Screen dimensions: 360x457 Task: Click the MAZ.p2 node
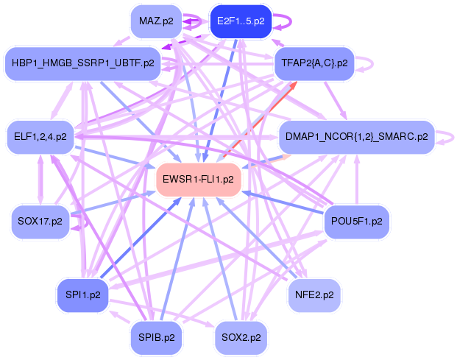pos(156,21)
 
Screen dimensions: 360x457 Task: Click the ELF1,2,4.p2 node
pos(40,136)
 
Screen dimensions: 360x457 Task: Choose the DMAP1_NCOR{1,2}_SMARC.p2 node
pos(356,136)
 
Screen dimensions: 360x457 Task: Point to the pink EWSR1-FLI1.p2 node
pos(199,179)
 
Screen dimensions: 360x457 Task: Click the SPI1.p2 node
pos(83,295)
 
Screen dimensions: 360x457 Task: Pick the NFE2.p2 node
pos(314,295)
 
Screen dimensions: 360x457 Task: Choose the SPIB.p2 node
pos(157,337)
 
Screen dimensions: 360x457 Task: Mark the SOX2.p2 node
pos(241,337)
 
